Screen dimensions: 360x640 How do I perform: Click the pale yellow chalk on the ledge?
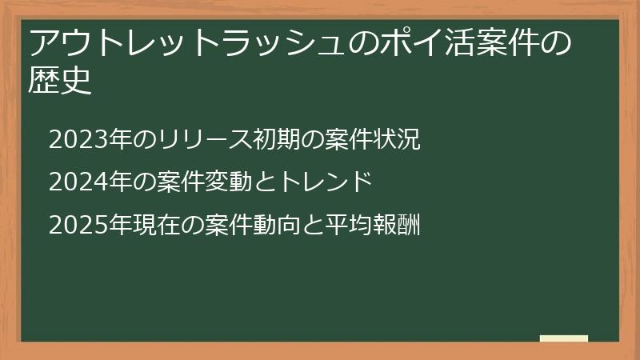pos(563,338)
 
